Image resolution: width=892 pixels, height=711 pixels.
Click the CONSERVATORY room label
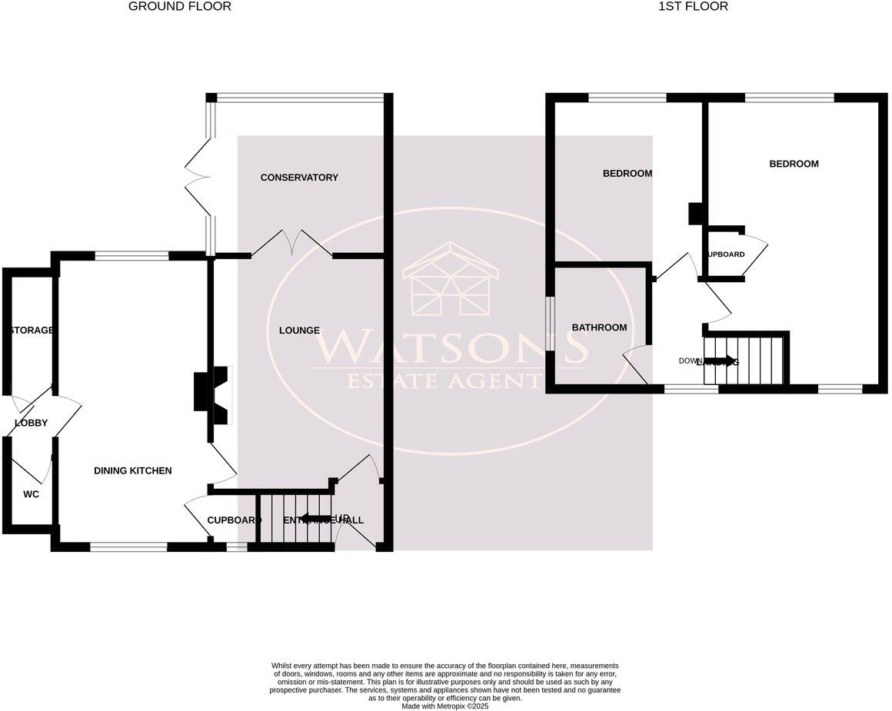[299, 178]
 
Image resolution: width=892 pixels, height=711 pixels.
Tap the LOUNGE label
[299, 331]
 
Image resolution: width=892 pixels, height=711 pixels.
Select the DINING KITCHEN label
[133, 470]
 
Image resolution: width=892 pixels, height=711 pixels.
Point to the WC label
[31, 494]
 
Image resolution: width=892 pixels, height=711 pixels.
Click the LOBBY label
[32, 423]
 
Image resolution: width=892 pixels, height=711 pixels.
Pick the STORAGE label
[31, 331]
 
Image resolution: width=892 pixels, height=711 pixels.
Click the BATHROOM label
[599, 327]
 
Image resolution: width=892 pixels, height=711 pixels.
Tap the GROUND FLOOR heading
[179, 6]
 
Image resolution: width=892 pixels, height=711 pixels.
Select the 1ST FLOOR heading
[693, 6]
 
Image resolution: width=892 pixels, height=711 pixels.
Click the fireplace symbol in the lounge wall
[213, 395]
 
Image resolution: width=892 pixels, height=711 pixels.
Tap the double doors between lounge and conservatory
[291, 241]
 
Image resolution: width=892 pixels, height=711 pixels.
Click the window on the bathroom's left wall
[550, 324]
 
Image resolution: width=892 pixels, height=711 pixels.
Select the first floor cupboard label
[725, 254]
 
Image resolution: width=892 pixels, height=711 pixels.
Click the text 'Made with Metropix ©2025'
[444, 706]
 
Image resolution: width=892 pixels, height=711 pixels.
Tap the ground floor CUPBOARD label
[233, 520]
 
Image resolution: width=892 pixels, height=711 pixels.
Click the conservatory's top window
[299, 98]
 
